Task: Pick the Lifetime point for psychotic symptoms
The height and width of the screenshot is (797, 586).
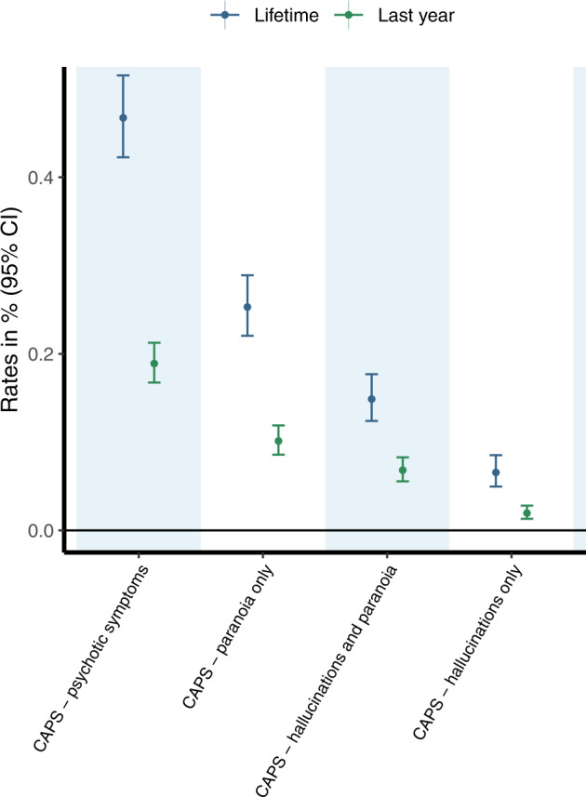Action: (x=123, y=117)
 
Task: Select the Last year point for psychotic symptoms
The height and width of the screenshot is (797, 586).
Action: (x=154, y=364)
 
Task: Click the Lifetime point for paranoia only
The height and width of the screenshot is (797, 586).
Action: (x=247, y=307)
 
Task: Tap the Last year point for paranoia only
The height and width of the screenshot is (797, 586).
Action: (x=278, y=441)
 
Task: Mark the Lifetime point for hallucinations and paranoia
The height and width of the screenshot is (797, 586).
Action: (x=371, y=399)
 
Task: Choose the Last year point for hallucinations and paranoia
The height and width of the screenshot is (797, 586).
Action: (x=403, y=470)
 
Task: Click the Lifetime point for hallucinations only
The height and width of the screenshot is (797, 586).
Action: (x=496, y=472)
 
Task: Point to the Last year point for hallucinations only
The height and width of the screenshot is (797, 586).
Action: (x=527, y=513)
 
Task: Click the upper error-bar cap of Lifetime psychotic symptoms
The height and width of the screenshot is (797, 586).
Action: (x=123, y=75)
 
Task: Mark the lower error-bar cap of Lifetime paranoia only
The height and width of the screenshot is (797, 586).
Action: (x=247, y=335)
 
